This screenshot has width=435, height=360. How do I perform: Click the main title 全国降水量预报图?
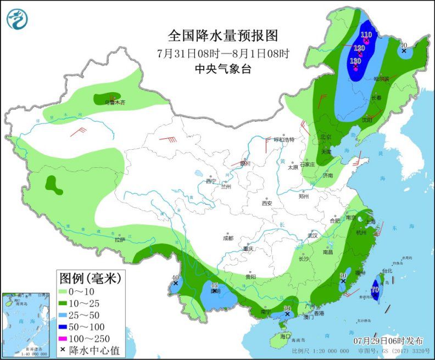click(223, 36)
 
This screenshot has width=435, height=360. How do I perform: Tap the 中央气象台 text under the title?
click(223, 69)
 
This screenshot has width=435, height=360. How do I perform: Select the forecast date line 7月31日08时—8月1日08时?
click(223, 53)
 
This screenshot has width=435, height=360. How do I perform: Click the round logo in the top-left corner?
click(17, 19)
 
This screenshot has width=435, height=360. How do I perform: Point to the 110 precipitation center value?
click(366, 35)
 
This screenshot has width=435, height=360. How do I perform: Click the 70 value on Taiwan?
click(376, 289)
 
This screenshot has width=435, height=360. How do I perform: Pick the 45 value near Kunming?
click(215, 285)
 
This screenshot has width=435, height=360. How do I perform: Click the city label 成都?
click(228, 238)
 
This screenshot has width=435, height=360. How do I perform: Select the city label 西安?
click(267, 203)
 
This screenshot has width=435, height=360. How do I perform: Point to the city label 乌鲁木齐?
click(113, 102)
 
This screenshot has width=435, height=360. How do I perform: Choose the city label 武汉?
click(313, 235)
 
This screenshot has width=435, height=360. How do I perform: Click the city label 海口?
click(284, 335)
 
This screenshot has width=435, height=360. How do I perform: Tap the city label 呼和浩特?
click(285, 139)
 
